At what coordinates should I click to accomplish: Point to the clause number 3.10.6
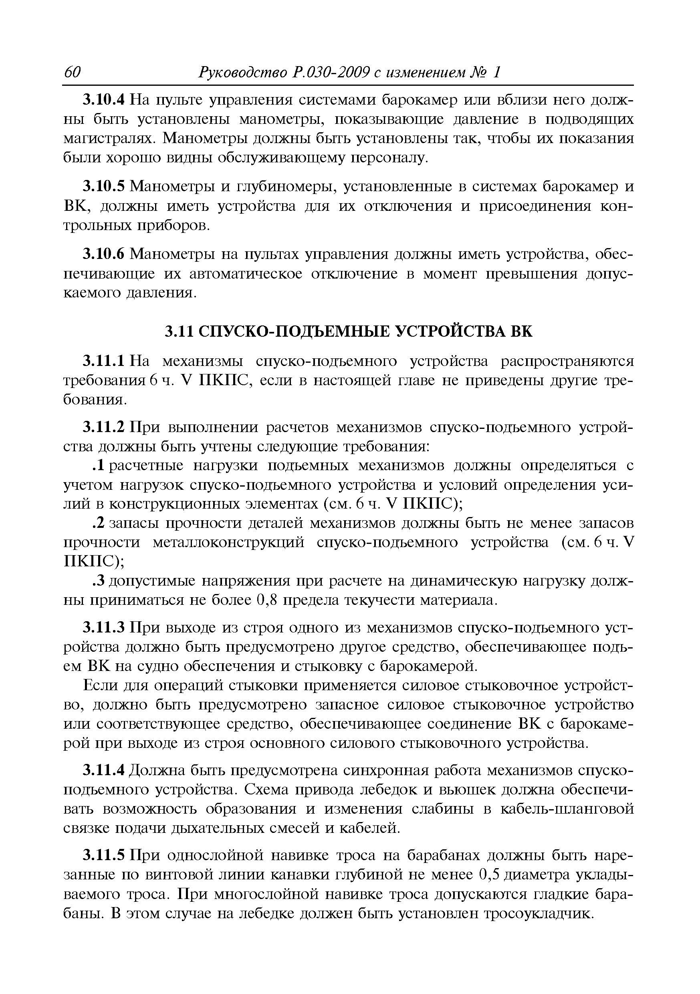click(x=104, y=254)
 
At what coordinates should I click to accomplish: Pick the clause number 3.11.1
click(x=104, y=361)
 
